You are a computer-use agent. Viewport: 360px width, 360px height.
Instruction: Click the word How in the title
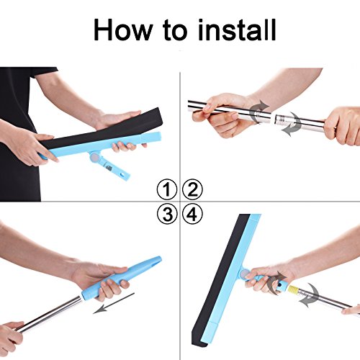[x=122, y=30]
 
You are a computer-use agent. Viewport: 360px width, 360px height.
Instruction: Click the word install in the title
[x=237, y=30]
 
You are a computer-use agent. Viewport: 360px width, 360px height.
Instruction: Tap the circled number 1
[x=167, y=189]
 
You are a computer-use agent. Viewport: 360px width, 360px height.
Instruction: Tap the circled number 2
[x=192, y=189]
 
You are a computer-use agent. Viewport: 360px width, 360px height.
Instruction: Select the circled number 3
[x=167, y=214]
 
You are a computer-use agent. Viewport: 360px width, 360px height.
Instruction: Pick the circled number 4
[x=192, y=214]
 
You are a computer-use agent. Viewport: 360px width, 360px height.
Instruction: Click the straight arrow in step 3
[x=114, y=303]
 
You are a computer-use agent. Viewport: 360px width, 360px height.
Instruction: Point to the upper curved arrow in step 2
[x=259, y=111]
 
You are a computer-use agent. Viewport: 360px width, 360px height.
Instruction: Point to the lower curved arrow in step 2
[x=292, y=125]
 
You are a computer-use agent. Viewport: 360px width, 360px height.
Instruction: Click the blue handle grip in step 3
[x=121, y=279]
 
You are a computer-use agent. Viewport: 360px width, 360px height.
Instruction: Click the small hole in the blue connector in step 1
[x=124, y=174]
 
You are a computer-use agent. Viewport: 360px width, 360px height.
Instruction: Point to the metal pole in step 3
[x=48, y=315]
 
